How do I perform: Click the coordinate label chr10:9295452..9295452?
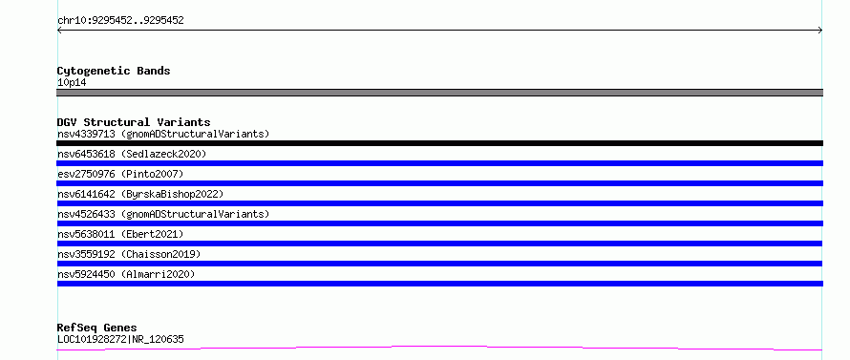120,21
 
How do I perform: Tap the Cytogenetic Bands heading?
114,71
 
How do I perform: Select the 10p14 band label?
72,83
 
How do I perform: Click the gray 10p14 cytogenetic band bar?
439,93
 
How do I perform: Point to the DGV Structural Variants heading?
134,122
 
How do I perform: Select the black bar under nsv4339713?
439,143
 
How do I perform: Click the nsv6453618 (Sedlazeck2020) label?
132,154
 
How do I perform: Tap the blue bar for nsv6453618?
439,163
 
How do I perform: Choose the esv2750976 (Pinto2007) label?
120,174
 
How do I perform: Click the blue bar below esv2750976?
439,183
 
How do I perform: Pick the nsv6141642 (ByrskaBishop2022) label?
140,194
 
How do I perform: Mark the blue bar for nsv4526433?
439,223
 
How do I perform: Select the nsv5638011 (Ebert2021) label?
120,234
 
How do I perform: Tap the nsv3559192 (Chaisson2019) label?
129,254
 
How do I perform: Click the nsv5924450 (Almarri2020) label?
126,274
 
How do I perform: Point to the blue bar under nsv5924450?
439,284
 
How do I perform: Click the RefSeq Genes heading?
97,328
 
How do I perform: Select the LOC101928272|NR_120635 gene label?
120,340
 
